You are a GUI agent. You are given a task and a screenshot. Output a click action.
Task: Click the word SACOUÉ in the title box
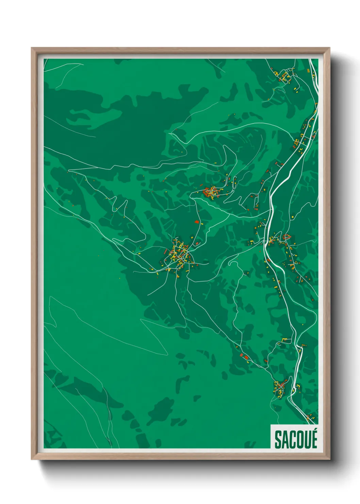(295, 440)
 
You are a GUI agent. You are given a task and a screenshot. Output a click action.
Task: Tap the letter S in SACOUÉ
(278, 440)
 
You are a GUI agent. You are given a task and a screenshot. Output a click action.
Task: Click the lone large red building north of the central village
(196, 221)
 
